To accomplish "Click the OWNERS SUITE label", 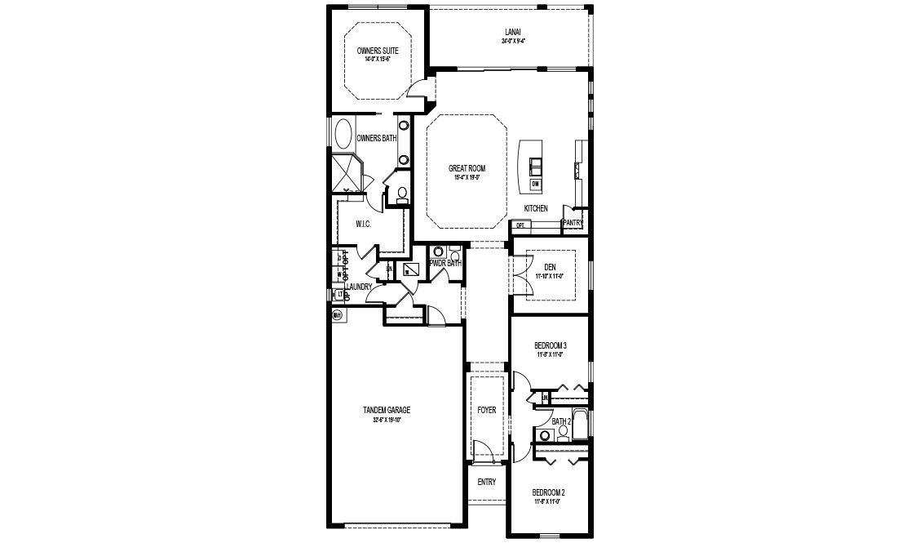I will [x=377, y=51].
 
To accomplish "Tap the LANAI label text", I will [x=511, y=33].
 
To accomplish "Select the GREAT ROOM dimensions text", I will [x=461, y=176].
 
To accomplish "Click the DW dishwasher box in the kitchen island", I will [x=536, y=184].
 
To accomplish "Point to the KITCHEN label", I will [x=536, y=209].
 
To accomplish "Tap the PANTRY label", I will [x=573, y=222].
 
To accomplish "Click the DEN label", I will [x=550, y=267].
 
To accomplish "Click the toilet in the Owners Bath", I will [x=401, y=194].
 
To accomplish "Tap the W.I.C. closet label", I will [x=364, y=224].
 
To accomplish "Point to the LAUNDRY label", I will [x=359, y=287].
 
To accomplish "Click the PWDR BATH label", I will [x=446, y=263].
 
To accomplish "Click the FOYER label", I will [x=486, y=410].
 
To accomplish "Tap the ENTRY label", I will [x=486, y=482].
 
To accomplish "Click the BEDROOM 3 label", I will [x=551, y=345].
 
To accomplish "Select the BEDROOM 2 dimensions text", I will [x=548, y=501].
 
